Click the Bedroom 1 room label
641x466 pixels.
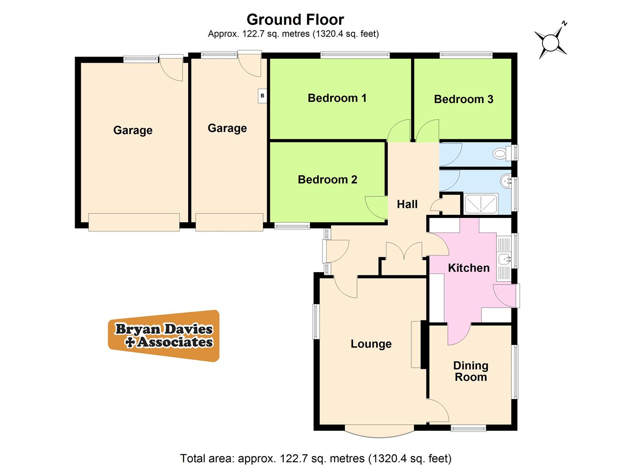coord(337,98)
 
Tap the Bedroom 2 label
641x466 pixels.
coord(327,179)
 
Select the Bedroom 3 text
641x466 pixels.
coord(463,99)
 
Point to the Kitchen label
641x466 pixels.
coord(468,268)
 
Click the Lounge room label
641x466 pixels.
coord(371,344)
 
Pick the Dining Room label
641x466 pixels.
coord(470,372)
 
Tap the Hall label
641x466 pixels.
coord(407,204)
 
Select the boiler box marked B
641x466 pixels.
coord(262,96)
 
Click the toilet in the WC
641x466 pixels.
coord(501,153)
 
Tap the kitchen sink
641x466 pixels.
coord(504,259)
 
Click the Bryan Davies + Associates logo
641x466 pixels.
coord(164,336)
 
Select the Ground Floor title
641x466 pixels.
coord(295,20)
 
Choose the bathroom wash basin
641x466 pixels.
coord(505,180)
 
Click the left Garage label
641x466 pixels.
coord(133,130)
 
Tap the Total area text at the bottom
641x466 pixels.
coord(316,458)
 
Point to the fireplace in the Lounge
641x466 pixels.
coord(416,344)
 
